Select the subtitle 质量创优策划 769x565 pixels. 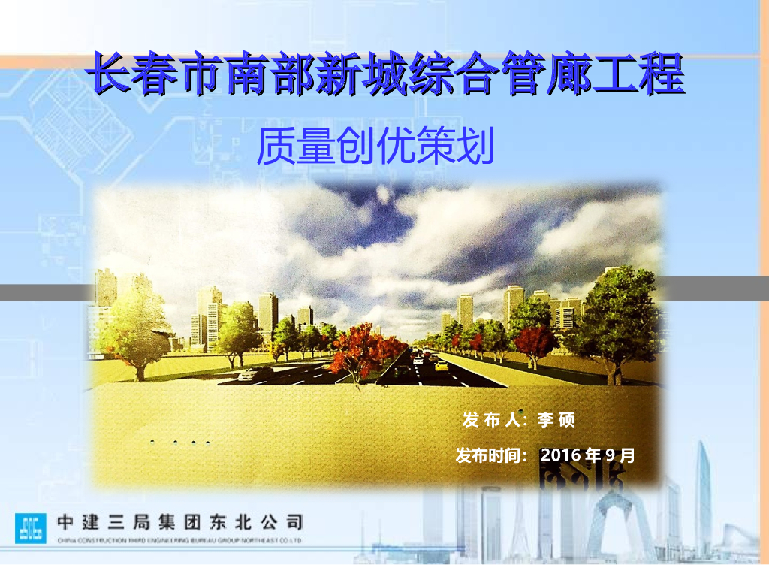tap(375, 147)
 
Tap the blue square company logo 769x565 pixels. tap(30, 527)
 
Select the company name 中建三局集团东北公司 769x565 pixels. tap(180, 522)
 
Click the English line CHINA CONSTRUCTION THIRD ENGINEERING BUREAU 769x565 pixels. tap(180, 540)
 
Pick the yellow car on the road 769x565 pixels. tap(442, 366)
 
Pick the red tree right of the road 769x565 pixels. tap(535, 342)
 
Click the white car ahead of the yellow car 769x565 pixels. tap(418, 361)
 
